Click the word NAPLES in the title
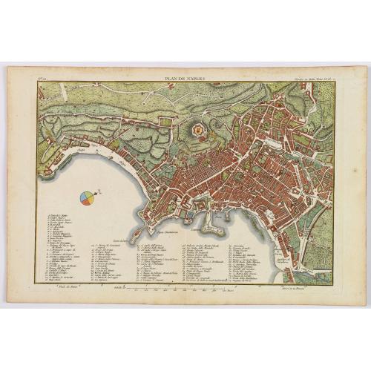click(194, 77)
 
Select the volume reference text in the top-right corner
click(311, 77)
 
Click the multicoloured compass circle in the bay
click(87, 197)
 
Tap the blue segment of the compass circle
click(84, 195)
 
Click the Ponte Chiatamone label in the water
click(168, 233)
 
